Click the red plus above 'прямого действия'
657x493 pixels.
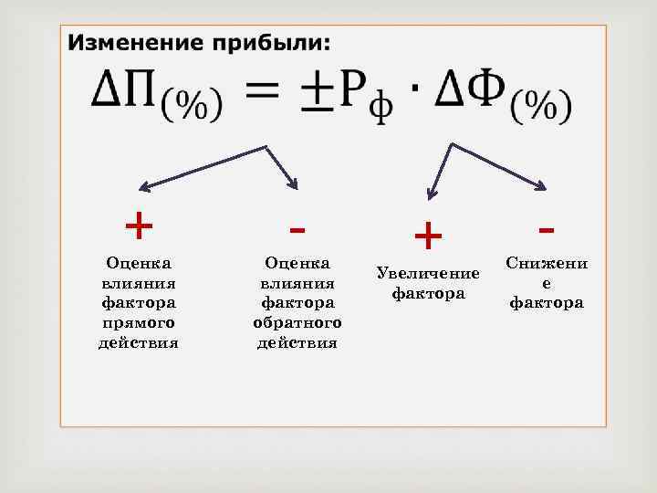pyautogui.click(x=139, y=224)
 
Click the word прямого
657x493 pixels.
pyautogui.click(x=139, y=322)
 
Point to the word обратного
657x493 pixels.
pyautogui.click(x=297, y=322)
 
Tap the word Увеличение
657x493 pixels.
pyautogui.click(x=428, y=274)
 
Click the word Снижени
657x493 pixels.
pyautogui.click(x=547, y=263)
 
